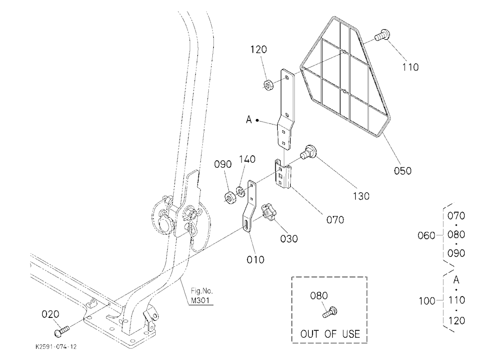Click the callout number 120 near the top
(x=258, y=50)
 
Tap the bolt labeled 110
(x=382, y=35)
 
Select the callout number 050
(x=403, y=171)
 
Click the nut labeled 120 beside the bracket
(x=268, y=85)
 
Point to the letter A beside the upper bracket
(x=249, y=120)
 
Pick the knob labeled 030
(x=268, y=213)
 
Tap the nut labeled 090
(x=230, y=198)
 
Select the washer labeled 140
(x=241, y=191)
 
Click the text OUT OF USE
(x=330, y=334)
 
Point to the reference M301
(x=200, y=300)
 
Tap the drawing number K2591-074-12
(x=56, y=347)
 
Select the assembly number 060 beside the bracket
(x=426, y=236)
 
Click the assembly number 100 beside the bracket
(x=428, y=301)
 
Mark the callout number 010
(x=255, y=260)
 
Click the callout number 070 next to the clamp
(x=335, y=220)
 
